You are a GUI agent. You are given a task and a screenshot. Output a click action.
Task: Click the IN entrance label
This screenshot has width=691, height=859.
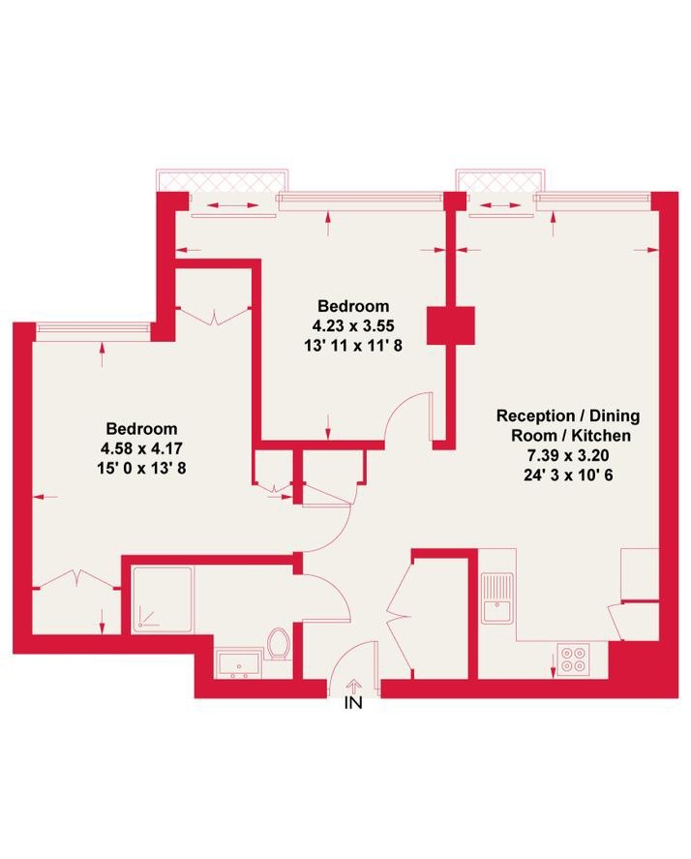click(x=353, y=704)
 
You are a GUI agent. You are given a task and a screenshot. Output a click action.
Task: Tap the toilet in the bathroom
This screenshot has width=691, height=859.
click(x=280, y=643)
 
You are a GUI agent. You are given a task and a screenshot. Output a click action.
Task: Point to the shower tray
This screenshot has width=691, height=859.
click(x=162, y=598)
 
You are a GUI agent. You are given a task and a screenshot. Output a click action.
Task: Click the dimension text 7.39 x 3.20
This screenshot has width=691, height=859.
click(x=567, y=454)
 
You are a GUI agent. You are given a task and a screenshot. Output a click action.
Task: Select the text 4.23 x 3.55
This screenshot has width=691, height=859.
click(x=351, y=325)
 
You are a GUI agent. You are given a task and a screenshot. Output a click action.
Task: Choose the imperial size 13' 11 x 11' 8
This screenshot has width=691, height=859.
click(x=351, y=344)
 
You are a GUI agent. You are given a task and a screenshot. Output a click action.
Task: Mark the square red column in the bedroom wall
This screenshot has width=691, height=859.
click(x=451, y=325)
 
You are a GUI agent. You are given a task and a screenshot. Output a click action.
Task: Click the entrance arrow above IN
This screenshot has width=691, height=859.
click(x=353, y=685)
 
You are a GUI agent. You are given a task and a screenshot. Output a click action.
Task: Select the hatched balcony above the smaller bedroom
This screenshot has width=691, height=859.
click(x=222, y=181)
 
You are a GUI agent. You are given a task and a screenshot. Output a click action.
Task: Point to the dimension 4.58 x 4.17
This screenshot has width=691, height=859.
click(x=142, y=448)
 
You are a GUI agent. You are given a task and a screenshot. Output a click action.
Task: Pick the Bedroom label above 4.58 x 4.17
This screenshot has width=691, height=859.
click(x=142, y=429)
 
